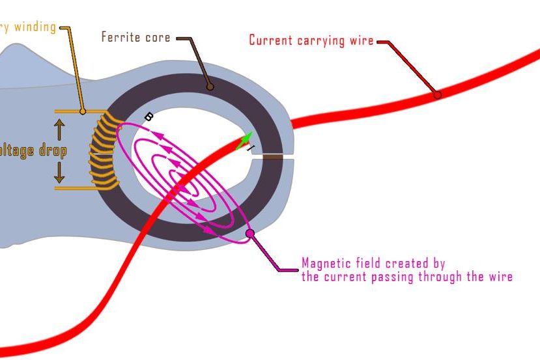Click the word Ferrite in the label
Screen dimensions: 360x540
click(121, 36)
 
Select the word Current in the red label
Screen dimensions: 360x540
click(271, 40)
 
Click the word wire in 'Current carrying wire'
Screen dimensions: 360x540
click(361, 40)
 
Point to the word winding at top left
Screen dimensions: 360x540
click(34, 27)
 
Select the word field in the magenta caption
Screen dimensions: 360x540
click(367, 264)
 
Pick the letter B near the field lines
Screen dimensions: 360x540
click(149, 117)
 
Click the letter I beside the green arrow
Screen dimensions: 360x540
click(251, 148)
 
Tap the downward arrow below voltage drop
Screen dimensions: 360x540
click(59, 173)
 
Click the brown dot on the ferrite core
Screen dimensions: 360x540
click(210, 85)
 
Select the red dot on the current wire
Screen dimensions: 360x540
click(437, 94)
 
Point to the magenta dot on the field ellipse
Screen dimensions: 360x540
click(249, 233)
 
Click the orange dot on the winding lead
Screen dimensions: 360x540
click(83, 111)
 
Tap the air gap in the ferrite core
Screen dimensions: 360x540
click(272, 156)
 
